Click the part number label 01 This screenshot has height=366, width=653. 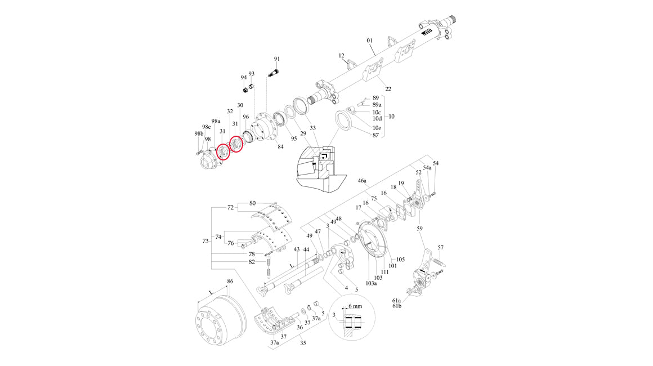pos(369,41)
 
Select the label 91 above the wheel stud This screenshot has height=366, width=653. pos(277,59)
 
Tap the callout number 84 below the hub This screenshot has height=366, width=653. pos(281,146)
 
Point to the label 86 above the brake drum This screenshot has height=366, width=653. pos(230,282)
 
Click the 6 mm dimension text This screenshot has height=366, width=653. pos(355,306)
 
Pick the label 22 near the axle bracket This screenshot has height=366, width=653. pos(388,89)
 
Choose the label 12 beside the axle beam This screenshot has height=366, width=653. pos(342,55)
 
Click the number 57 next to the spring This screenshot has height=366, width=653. pos(441,247)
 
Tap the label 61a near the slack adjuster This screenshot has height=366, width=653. pos(396,300)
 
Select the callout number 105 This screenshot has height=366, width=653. pos(400,260)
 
